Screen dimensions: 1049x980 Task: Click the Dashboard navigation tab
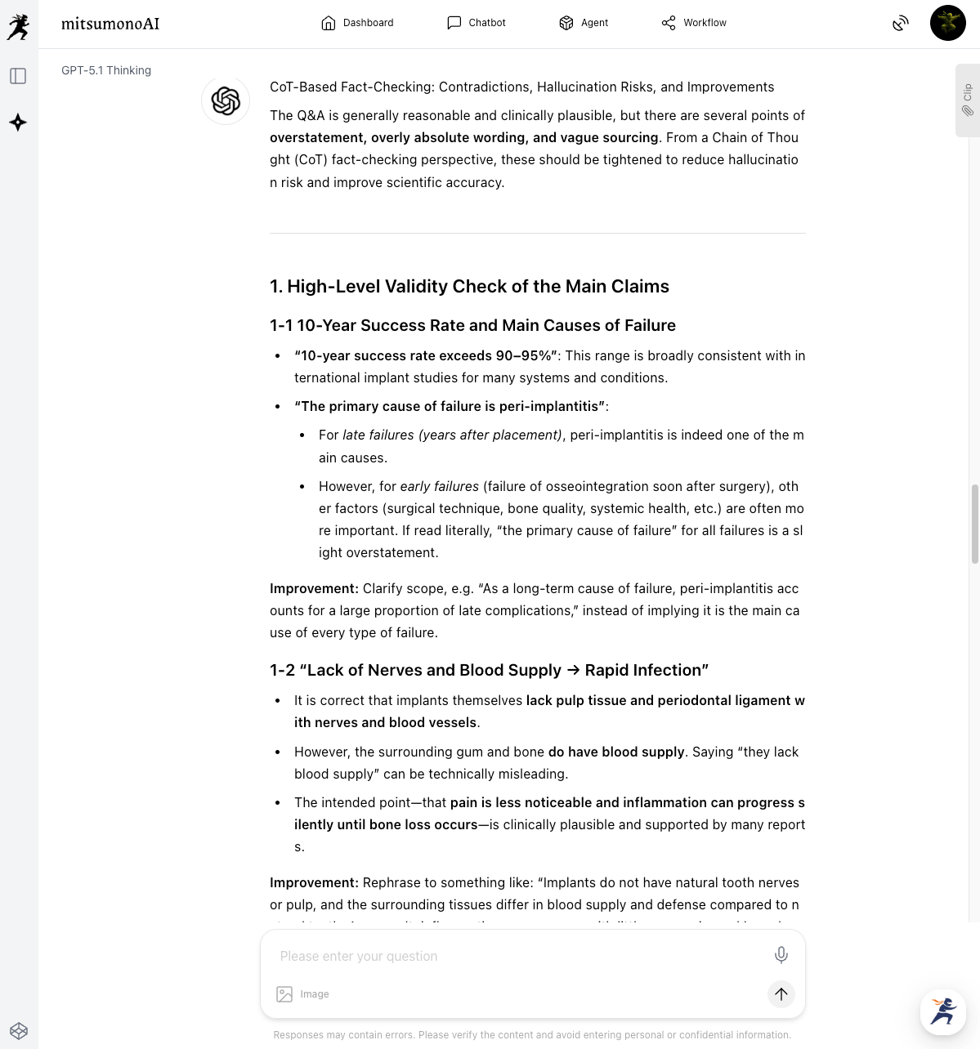tap(357, 23)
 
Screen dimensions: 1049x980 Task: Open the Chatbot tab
tap(477, 23)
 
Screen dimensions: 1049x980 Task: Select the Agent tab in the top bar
tap(584, 23)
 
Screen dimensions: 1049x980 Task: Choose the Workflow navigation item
tap(694, 23)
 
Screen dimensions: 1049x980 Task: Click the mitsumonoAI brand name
tap(110, 24)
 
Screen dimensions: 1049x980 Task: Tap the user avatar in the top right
tap(947, 23)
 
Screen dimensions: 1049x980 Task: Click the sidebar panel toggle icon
tap(18, 76)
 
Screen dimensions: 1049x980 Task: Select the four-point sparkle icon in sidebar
tap(18, 123)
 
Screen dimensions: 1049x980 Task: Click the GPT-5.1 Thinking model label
tap(106, 70)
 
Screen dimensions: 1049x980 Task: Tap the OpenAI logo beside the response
tap(226, 101)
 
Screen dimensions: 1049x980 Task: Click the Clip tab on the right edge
tap(967, 100)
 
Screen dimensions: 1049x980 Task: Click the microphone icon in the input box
tap(781, 954)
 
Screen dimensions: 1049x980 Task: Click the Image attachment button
tap(303, 994)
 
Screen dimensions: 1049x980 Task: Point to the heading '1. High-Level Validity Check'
tap(469, 287)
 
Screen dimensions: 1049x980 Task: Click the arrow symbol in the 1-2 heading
tap(573, 671)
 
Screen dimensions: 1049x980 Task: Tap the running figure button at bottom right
tap(943, 1011)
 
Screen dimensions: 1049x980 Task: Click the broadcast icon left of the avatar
tap(900, 23)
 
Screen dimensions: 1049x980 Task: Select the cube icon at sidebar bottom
tap(18, 1030)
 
